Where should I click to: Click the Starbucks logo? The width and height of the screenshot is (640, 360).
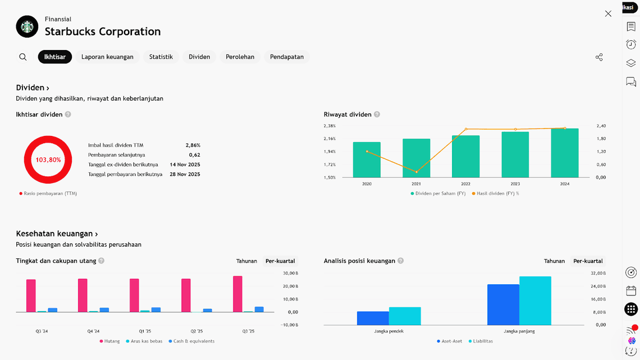click(27, 26)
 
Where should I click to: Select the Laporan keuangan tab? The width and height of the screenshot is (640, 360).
click(107, 57)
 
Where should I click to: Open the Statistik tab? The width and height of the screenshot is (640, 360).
click(161, 57)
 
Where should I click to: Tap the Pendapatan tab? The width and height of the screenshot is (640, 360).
click(286, 57)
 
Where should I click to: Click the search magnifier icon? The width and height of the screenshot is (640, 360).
click(23, 57)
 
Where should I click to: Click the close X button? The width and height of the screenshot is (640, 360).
click(608, 13)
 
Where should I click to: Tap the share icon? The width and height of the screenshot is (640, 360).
click(599, 57)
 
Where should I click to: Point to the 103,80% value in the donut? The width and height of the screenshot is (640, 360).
click(48, 160)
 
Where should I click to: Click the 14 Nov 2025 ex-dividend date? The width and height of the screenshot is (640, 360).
click(185, 165)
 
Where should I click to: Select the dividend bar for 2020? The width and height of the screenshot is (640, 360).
click(367, 160)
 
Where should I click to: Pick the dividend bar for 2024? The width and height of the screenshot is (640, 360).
click(564, 153)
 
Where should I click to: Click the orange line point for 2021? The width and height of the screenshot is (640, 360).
click(416, 172)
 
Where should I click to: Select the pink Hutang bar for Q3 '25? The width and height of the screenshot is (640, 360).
click(237, 294)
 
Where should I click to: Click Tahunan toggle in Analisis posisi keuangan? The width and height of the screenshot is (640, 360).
click(554, 261)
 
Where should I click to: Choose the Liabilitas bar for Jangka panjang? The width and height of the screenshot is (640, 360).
click(535, 300)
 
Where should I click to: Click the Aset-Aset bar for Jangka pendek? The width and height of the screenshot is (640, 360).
click(373, 318)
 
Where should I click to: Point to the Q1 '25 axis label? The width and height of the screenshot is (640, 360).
click(145, 331)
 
